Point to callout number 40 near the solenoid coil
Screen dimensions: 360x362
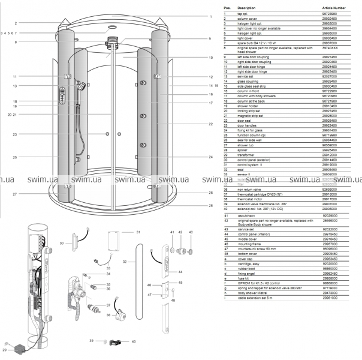[134, 341]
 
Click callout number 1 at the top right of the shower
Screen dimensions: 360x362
[211, 16]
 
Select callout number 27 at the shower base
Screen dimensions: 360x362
[16, 194]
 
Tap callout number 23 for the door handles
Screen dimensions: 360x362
[16, 134]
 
